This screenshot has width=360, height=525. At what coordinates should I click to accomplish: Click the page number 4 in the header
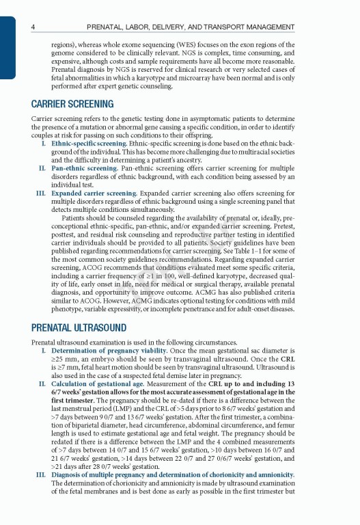[33, 27]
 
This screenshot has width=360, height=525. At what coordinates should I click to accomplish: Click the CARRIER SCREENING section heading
[72, 105]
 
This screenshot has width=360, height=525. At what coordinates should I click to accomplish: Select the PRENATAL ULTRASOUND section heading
[79, 328]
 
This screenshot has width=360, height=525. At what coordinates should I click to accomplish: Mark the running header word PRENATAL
[107, 27]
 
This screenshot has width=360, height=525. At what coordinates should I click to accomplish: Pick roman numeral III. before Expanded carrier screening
[40, 193]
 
